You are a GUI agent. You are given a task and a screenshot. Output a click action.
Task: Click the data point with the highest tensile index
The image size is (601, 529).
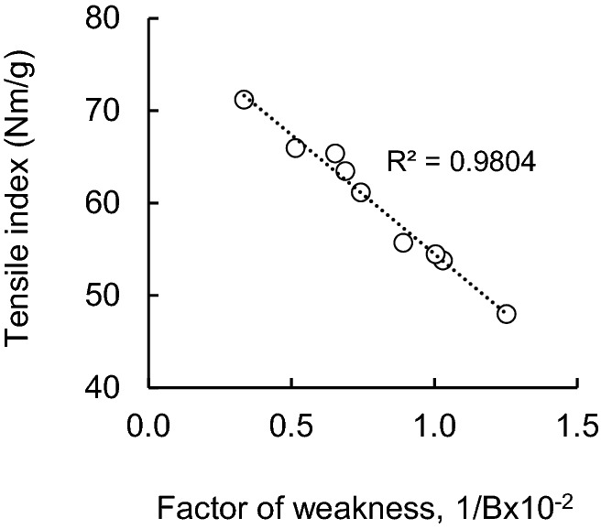tap(244, 100)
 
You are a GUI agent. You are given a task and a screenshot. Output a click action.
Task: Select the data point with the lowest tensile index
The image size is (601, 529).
tap(507, 314)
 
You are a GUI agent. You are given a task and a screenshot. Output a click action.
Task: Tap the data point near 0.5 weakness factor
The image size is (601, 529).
tap(295, 148)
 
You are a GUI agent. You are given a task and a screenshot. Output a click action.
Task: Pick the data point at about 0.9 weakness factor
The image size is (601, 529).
tap(403, 243)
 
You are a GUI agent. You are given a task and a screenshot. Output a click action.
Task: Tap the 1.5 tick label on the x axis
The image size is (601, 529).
tap(575, 427)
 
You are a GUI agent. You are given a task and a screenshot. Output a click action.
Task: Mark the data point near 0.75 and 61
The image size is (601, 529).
tap(361, 192)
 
